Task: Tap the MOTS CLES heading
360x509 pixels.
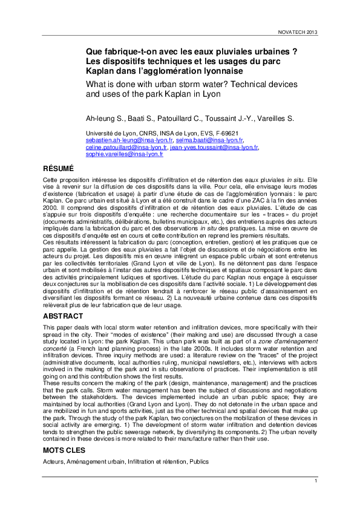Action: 65,451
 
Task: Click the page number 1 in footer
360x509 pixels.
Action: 315,481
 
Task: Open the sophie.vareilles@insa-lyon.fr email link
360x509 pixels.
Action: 124,154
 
